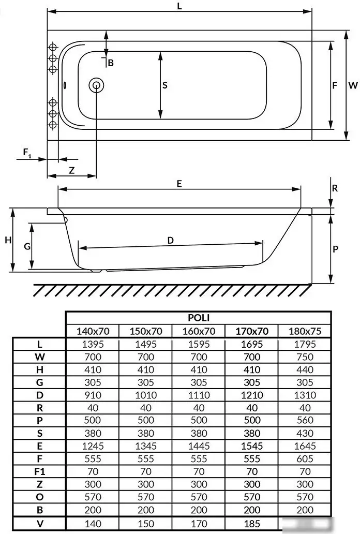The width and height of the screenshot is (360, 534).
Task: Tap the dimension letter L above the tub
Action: click(x=179, y=6)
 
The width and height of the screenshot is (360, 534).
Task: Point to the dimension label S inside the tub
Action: click(x=165, y=85)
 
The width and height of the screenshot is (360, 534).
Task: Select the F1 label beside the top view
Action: click(x=27, y=153)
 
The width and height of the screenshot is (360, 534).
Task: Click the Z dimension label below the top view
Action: click(x=71, y=170)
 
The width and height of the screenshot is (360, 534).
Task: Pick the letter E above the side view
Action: click(x=179, y=184)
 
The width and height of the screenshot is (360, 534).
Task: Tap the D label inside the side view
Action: click(x=170, y=241)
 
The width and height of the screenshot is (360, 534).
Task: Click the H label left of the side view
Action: click(x=8, y=241)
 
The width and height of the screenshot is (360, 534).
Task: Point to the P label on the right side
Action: click(x=335, y=249)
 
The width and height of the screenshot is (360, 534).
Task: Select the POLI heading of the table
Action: click(x=199, y=318)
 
